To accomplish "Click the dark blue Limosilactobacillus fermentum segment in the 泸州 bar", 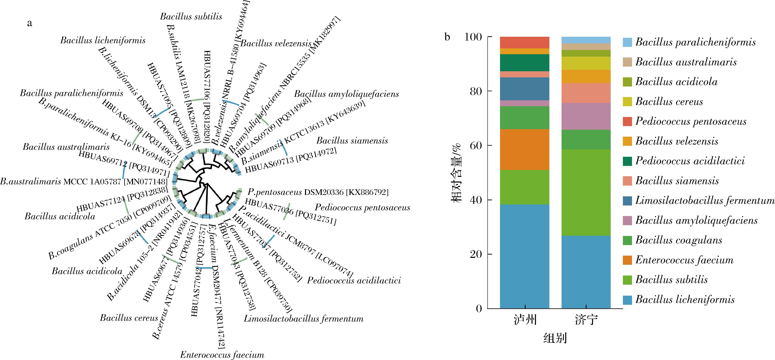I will tap(524, 89).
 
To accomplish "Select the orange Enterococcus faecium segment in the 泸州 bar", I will tap(524, 149).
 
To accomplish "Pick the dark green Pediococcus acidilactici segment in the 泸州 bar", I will tap(524, 63).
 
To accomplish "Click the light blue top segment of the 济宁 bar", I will tap(586, 40).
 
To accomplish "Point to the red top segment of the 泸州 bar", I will tap(524, 42).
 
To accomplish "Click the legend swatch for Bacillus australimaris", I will tap(627, 62).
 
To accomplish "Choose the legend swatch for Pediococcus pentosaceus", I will tap(627, 121).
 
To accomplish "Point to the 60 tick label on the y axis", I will tap(475, 146).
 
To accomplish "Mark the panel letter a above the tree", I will tap(29, 23).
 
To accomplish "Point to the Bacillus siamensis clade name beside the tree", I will tap(352, 141).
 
